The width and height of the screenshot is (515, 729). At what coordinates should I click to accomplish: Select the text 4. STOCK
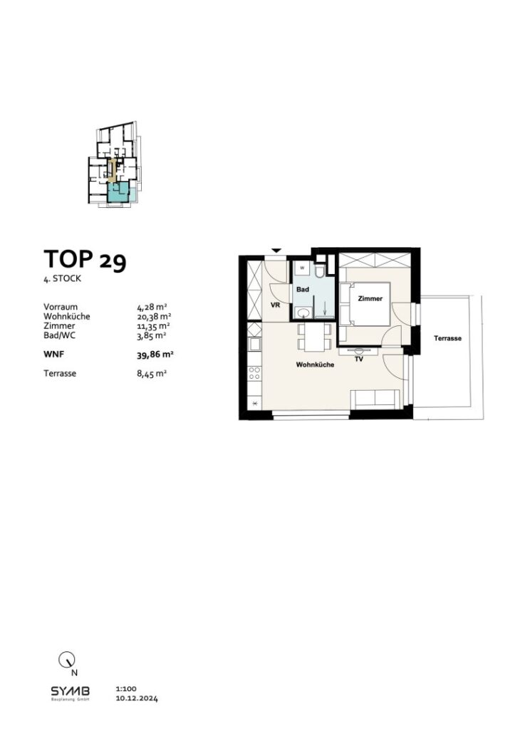pos(62,279)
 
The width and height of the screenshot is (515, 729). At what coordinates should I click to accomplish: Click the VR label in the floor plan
pos(275,304)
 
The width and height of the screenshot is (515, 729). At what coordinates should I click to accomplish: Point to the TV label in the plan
pos(360,360)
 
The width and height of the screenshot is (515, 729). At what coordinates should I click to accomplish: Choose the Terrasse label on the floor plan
pos(447,339)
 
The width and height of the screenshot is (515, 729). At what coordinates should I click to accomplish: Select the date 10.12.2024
pos(135,700)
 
